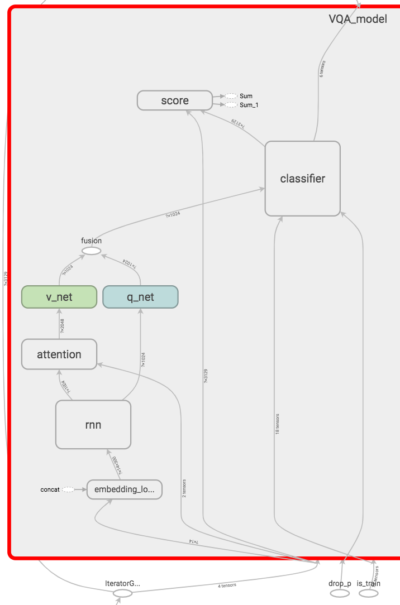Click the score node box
point(175,100)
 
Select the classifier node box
point(302,179)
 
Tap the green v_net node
point(59,297)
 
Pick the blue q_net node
point(140,297)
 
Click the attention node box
point(59,354)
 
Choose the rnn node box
point(93,424)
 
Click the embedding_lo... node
point(125,489)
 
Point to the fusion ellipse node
point(92,251)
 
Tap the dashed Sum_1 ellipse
point(231,105)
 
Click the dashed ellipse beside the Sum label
point(231,96)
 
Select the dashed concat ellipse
point(68,489)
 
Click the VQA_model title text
point(358,18)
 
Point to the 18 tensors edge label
point(278,424)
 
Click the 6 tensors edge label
point(322,68)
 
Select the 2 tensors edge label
point(184,487)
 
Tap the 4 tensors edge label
point(227,585)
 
